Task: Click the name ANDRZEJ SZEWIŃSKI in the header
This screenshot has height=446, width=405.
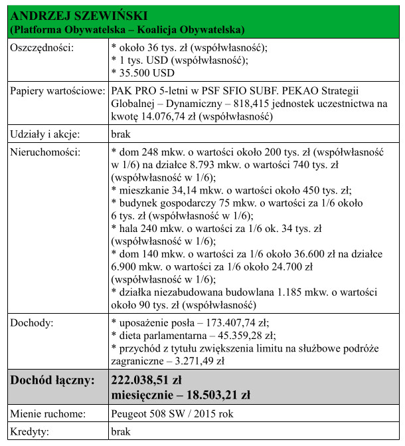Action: (80, 15)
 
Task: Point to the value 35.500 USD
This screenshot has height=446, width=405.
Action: (145, 72)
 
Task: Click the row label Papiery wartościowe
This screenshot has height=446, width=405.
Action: (57, 90)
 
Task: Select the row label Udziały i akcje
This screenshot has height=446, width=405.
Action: (44, 134)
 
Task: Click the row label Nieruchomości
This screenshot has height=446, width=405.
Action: (44, 152)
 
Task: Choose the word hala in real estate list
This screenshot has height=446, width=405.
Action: (129, 228)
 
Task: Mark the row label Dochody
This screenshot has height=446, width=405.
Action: (33, 323)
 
